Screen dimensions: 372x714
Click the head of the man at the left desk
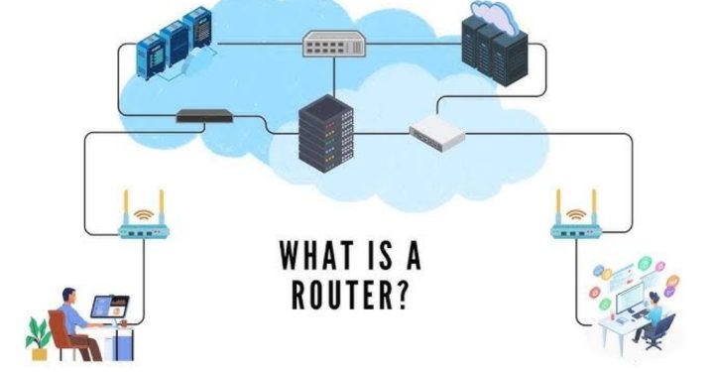point(67,295)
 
